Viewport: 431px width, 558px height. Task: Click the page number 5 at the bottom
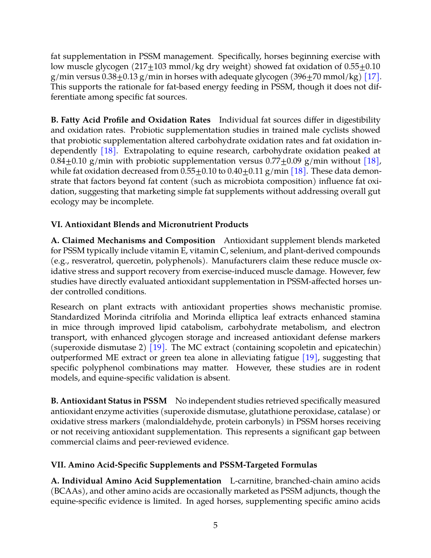point(215,525)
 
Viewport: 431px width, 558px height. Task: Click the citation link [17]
point(371,76)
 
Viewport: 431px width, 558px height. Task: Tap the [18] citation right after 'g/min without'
point(371,161)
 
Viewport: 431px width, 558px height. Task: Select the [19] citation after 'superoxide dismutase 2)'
point(157,347)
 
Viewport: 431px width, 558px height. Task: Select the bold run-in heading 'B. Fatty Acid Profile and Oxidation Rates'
point(131,120)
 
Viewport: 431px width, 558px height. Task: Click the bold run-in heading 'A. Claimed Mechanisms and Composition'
point(133,240)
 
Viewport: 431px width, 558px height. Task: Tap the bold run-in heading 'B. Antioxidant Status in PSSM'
point(109,401)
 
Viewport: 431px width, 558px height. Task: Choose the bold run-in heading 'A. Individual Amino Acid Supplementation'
point(136,481)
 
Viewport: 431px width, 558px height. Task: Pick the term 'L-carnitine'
point(251,481)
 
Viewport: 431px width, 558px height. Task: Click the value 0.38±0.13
point(120,76)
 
